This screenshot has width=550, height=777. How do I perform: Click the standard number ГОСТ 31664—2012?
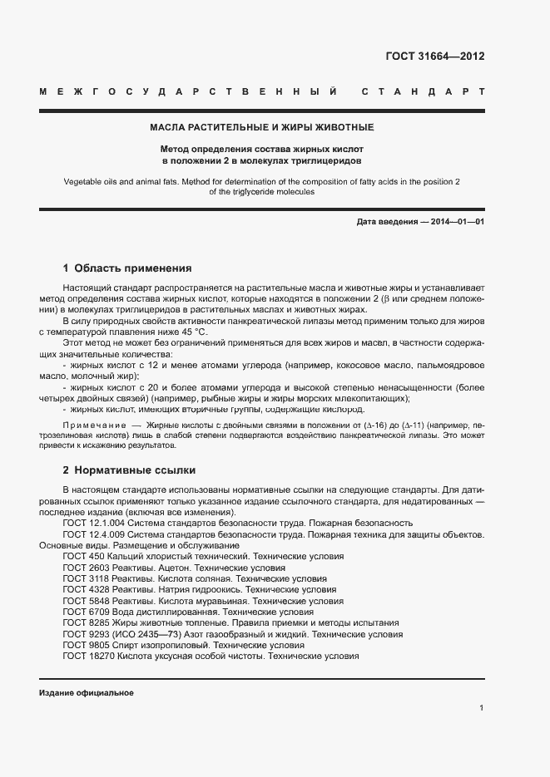coord(434,57)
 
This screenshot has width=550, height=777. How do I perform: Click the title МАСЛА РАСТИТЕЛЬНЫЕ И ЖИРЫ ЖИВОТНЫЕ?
coord(261,127)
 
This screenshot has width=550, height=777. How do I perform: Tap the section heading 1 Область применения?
coord(127,268)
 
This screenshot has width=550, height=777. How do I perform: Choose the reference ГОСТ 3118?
coord(86,578)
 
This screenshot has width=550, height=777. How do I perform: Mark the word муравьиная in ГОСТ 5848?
coord(220,600)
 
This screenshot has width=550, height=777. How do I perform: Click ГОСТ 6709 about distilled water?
coord(86,611)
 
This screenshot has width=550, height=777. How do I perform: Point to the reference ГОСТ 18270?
coord(89,656)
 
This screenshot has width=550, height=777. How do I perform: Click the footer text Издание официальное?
coord(86,692)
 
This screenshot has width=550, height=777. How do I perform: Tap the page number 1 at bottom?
coord(482,707)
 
